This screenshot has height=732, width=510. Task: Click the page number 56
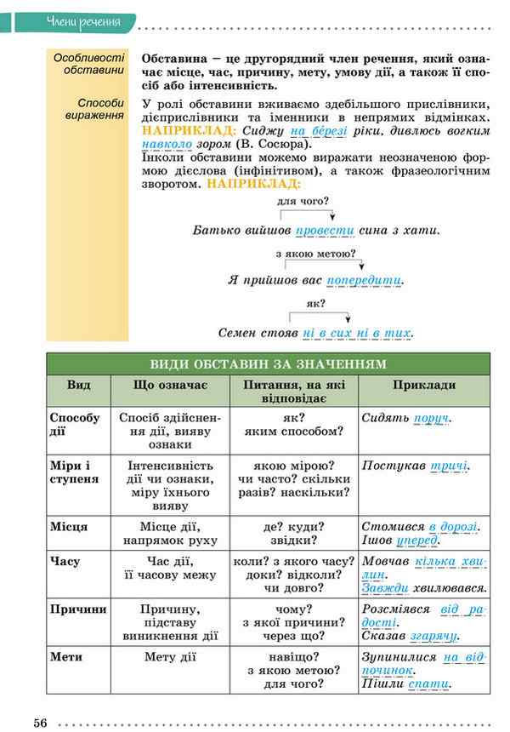click(40, 723)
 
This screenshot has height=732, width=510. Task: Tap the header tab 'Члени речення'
click(83, 21)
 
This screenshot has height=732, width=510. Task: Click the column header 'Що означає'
click(170, 386)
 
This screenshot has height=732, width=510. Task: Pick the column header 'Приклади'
click(424, 386)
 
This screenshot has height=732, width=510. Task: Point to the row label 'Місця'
click(69, 527)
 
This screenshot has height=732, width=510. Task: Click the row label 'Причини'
click(78, 609)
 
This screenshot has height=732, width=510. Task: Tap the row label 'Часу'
click(65, 562)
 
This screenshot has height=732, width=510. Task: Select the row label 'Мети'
click(66, 656)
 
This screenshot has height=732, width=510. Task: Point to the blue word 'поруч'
click(430, 419)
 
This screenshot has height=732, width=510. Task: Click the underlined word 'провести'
click(325, 230)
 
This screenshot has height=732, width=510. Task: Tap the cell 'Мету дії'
click(170, 656)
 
